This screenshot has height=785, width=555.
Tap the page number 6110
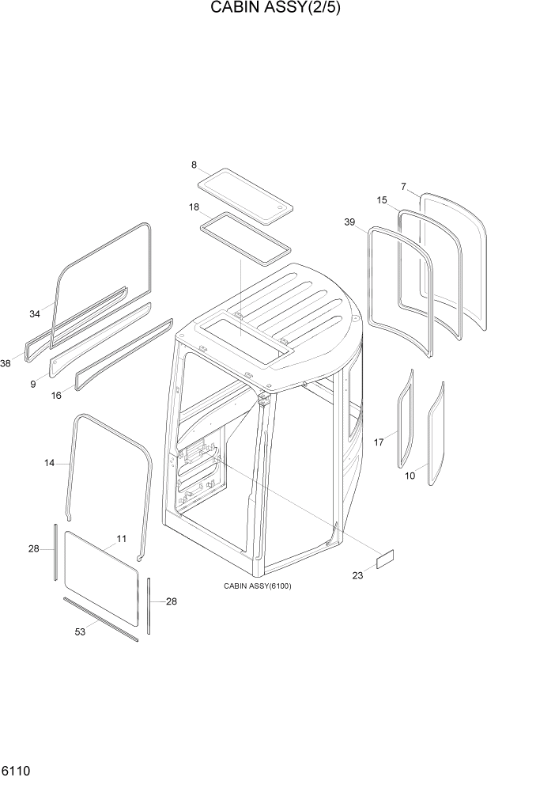(x=17, y=770)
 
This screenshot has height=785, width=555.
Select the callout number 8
(x=194, y=165)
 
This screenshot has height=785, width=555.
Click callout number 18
(x=194, y=207)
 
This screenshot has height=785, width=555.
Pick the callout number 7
(x=403, y=187)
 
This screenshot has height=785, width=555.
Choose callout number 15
(x=382, y=200)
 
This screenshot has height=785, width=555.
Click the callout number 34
(x=35, y=314)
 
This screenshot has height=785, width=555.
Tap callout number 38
(x=6, y=363)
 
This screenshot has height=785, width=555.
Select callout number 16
(x=56, y=395)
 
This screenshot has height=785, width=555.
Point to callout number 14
(x=50, y=463)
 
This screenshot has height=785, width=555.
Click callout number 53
(x=80, y=631)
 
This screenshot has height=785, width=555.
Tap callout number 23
(x=357, y=575)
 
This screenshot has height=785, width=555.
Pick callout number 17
(x=379, y=442)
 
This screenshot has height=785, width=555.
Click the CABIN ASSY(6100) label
(x=258, y=586)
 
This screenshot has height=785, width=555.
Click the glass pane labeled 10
(x=436, y=434)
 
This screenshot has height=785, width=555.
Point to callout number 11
(x=122, y=539)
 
